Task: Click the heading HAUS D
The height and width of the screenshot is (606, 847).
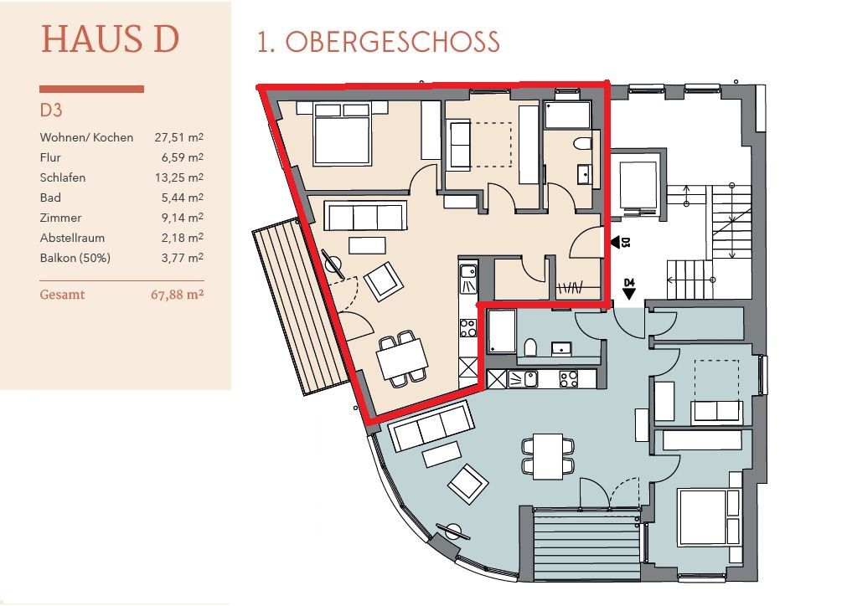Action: (110, 39)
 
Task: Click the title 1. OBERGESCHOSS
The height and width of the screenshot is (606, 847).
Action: (378, 42)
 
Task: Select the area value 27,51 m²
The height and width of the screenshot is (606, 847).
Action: (178, 137)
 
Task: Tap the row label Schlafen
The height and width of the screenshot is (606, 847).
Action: (63, 177)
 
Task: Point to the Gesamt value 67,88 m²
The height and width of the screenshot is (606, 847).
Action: (177, 295)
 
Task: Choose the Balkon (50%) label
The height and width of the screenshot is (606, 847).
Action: (75, 258)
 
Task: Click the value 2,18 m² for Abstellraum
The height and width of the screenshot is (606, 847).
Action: (182, 238)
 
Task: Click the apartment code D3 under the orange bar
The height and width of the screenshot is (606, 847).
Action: (51, 110)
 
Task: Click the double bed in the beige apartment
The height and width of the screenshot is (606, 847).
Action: (342, 134)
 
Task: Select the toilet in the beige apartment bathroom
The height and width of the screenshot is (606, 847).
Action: (581, 144)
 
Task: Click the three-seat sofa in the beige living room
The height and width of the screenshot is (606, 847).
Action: (365, 217)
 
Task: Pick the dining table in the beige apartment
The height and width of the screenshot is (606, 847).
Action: (402, 358)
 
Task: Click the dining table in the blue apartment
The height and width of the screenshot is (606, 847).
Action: (548, 456)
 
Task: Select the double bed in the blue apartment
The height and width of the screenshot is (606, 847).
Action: (709, 517)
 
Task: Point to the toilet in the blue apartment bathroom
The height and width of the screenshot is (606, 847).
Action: (530, 347)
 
